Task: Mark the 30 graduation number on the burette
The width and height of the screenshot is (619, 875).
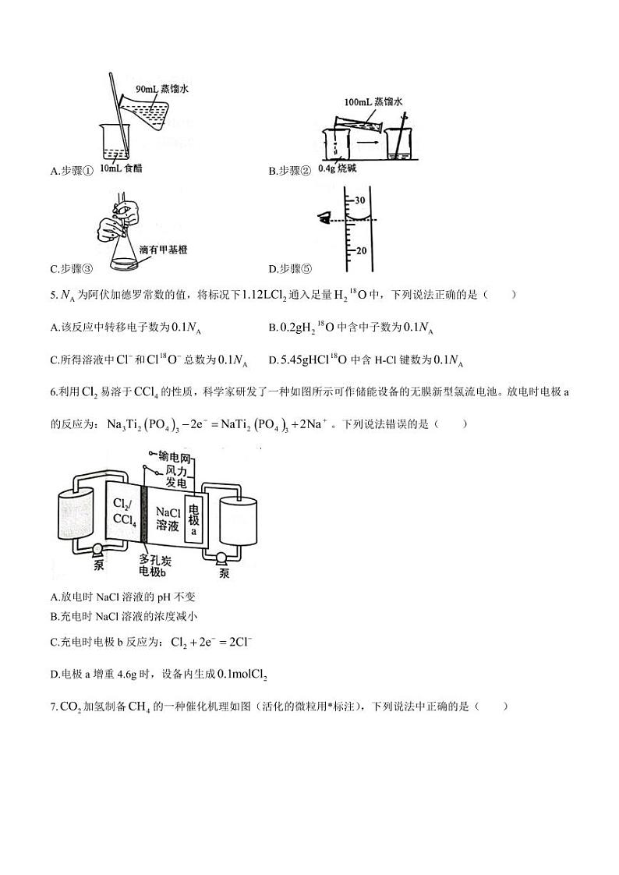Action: click(x=360, y=200)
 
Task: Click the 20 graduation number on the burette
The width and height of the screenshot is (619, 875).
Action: click(x=360, y=251)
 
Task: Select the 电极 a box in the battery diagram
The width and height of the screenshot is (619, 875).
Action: click(x=194, y=518)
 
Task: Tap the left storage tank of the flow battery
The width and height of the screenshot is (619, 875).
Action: click(x=74, y=515)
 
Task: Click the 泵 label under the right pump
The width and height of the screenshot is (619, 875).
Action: click(x=225, y=574)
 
